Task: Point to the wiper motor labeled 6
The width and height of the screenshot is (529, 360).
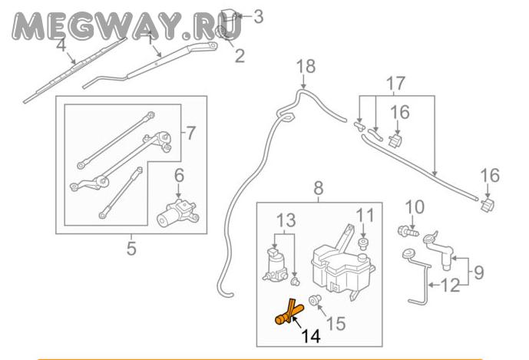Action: tap(177, 211)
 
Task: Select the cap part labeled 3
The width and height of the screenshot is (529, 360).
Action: tap(230, 12)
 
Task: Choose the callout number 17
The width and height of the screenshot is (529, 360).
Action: tap(394, 81)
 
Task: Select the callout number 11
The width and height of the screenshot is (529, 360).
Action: tap(364, 214)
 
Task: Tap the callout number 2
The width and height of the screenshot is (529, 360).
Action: tap(239, 55)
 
